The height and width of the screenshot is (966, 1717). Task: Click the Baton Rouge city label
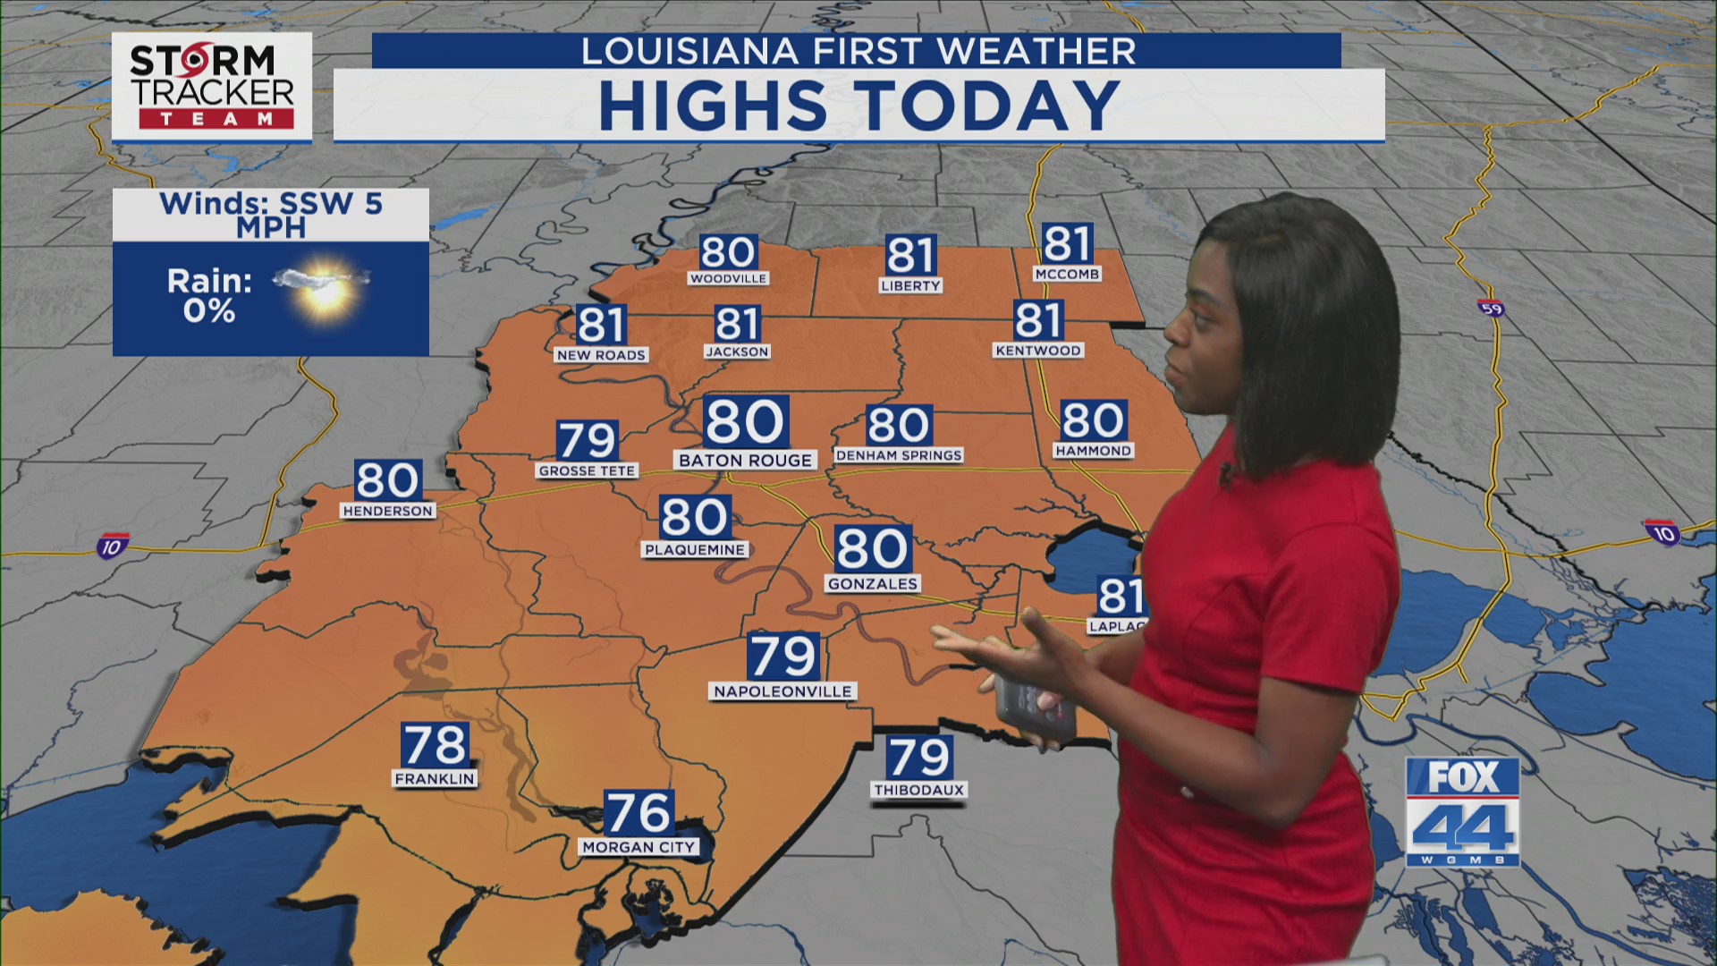click(x=745, y=461)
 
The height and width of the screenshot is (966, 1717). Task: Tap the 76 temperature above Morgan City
click(x=639, y=813)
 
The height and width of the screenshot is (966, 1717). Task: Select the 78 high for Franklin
click(x=435, y=744)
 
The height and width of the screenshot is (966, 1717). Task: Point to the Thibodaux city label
click(x=918, y=791)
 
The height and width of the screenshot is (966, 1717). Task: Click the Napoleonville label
click(x=782, y=691)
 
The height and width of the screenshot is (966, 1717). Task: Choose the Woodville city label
click(x=728, y=279)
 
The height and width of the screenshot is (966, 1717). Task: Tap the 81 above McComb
click(x=1067, y=244)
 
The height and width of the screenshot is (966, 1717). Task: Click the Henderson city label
click(x=387, y=511)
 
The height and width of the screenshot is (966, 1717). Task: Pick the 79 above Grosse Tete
click(x=587, y=440)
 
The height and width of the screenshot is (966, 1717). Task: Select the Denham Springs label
click(x=898, y=455)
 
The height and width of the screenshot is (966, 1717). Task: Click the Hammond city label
click(x=1093, y=451)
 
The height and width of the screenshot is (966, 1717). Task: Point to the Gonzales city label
click(x=873, y=584)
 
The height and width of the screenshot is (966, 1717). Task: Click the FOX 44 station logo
click(x=1462, y=811)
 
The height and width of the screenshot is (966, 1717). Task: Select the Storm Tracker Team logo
click(x=212, y=87)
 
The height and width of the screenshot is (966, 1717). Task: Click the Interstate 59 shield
click(x=1491, y=309)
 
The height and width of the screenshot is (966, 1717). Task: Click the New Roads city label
click(x=601, y=355)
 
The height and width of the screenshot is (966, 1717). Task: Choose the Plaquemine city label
click(x=695, y=550)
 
